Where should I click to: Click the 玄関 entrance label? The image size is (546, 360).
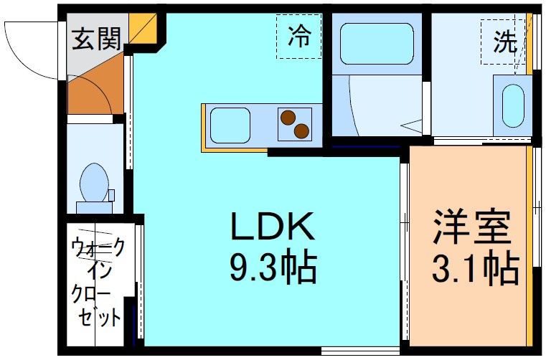(95, 39)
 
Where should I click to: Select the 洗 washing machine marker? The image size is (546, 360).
(505, 42)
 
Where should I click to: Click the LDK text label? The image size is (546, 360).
(272, 229)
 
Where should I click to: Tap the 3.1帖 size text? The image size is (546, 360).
(474, 268)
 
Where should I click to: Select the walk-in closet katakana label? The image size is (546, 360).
(98, 283)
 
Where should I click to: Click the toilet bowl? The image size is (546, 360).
(93, 182)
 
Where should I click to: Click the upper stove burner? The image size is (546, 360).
(288, 117)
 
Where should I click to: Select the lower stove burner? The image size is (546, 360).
(301, 131)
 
